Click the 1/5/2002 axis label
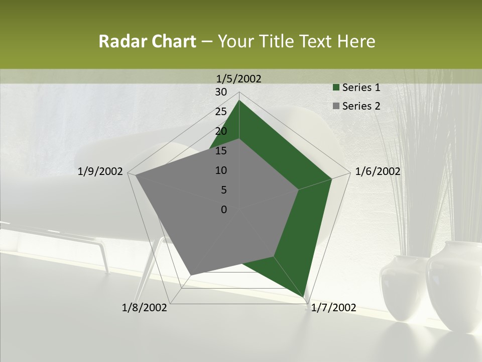(x=239, y=78)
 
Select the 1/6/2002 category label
(x=378, y=171)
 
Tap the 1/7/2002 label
(x=333, y=308)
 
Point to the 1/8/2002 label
(x=145, y=308)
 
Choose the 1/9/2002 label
(x=100, y=171)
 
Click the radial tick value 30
(x=221, y=92)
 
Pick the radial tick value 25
(x=221, y=112)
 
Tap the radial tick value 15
(x=221, y=151)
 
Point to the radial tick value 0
(x=224, y=210)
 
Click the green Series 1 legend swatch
(x=335, y=88)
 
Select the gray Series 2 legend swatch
(x=335, y=106)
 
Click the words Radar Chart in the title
(x=147, y=41)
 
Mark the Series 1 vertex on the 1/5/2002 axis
(x=239, y=100)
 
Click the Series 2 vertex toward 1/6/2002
(x=298, y=190)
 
